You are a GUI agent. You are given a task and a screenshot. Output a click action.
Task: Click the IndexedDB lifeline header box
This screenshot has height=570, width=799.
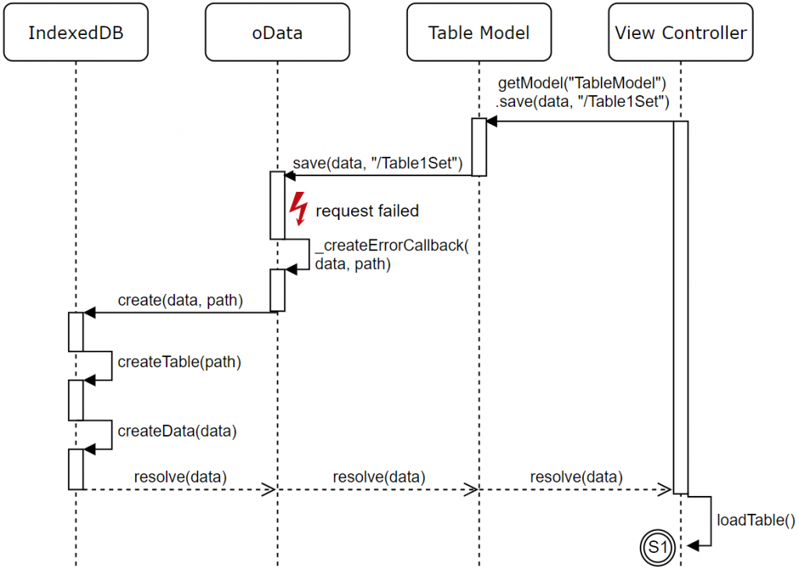tap(76, 32)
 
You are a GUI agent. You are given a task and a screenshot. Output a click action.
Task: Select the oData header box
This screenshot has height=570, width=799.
tap(277, 32)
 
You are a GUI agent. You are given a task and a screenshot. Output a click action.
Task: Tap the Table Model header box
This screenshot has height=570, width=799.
tap(479, 32)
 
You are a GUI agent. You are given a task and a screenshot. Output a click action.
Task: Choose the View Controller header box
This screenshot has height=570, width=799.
tap(680, 32)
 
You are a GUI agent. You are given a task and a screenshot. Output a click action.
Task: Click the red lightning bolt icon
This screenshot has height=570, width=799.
tap(299, 208)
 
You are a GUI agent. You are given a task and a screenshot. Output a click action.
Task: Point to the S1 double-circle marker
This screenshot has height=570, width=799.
tap(657, 547)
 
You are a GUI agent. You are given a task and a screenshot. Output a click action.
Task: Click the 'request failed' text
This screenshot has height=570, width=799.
tap(368, 211)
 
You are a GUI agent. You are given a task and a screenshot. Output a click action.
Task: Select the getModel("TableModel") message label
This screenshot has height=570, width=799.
tap(582, 83)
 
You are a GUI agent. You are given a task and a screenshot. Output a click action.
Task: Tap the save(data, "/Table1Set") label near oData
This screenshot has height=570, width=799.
tap(378, 163)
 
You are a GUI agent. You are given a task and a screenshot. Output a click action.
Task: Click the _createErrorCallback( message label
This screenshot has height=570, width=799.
tap(392, 246)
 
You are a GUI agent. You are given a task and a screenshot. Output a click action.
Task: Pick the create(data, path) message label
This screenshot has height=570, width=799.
tap(180, 300)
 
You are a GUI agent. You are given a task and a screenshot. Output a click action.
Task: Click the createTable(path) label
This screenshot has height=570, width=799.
tap(179, 362)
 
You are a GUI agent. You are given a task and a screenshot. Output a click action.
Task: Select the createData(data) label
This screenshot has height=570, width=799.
tap(177, 431)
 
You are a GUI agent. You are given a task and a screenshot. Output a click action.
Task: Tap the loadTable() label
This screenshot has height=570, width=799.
tap(755, 519)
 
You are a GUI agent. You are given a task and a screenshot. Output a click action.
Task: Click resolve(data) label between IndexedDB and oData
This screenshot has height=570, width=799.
tap(180, 476)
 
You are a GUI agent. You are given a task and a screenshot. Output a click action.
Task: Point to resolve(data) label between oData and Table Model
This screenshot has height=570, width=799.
tap(379, 476)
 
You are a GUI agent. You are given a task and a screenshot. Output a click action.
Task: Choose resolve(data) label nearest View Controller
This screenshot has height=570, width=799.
tap(577, 476)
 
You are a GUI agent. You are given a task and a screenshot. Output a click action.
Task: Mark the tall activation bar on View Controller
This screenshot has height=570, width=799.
tap(680, 307)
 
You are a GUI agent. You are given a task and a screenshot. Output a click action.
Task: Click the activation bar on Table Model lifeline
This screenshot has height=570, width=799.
tap(479, 147)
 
